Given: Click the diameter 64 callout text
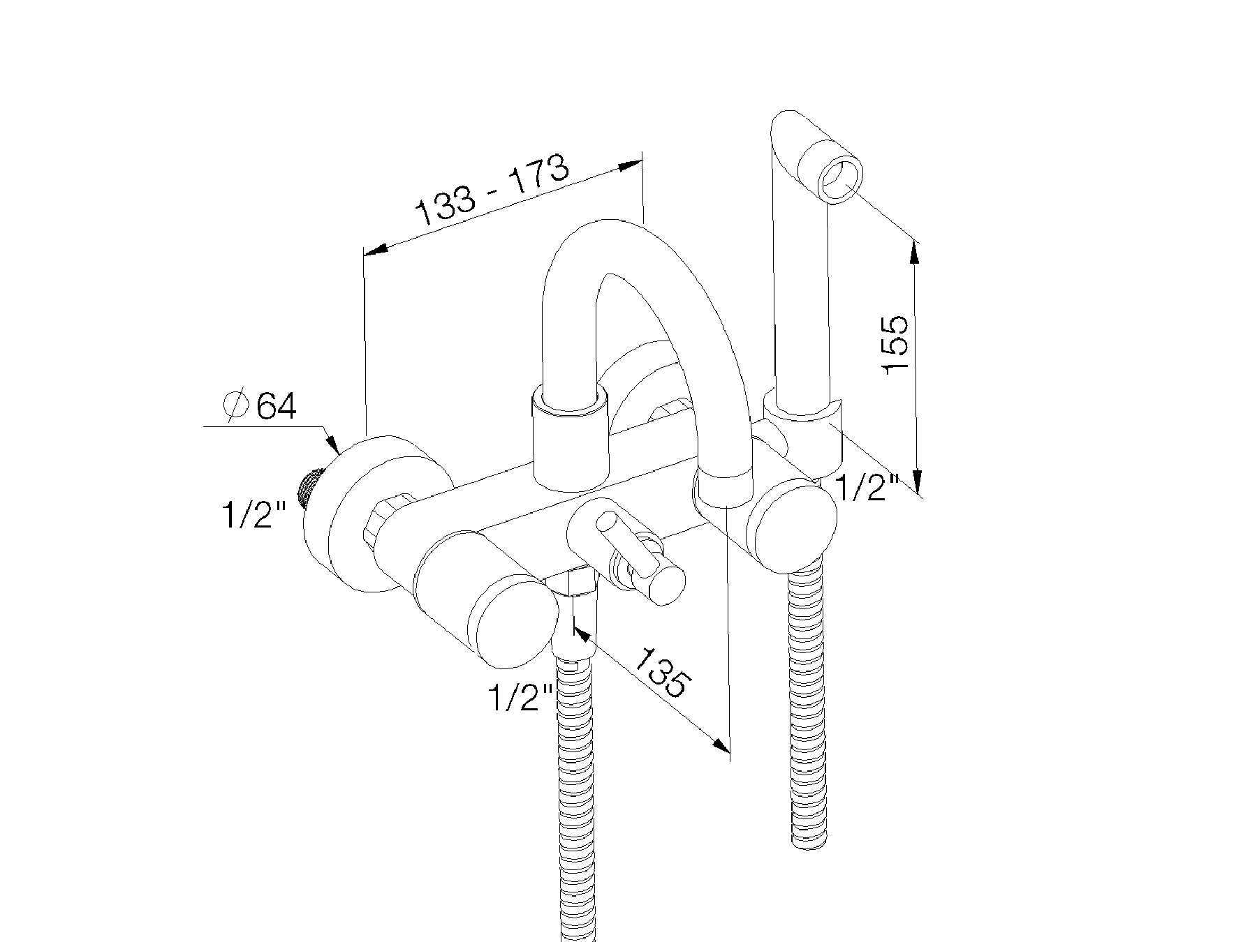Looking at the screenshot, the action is coord(259,406).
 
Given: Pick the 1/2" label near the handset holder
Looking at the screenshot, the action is coord(865,488).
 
